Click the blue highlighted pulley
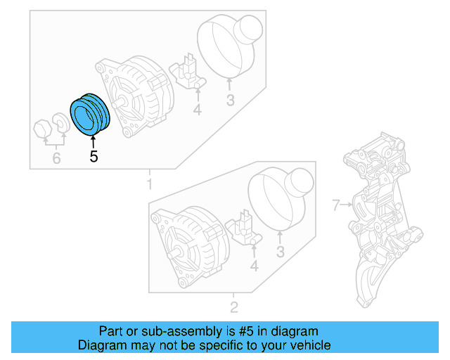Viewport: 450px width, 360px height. pos(89,113)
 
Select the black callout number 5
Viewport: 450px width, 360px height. pos(94,157)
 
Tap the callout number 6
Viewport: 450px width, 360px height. pos(56,159)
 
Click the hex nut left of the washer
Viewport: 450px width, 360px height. pos(42,129)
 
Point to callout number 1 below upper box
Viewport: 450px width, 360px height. pos(148,184)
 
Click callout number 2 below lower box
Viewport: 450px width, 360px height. pos(234,307)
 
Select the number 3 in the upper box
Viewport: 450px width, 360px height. pos(230,101)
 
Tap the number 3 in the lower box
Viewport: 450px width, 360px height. pos(280,252)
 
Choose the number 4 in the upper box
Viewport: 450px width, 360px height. pos(198,110)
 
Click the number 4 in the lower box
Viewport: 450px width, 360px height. pos(254,266)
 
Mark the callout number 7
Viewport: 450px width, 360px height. pos(335,205)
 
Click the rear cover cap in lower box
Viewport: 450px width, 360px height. pos(281,198)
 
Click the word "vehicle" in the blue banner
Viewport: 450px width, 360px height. pos(307,345)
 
